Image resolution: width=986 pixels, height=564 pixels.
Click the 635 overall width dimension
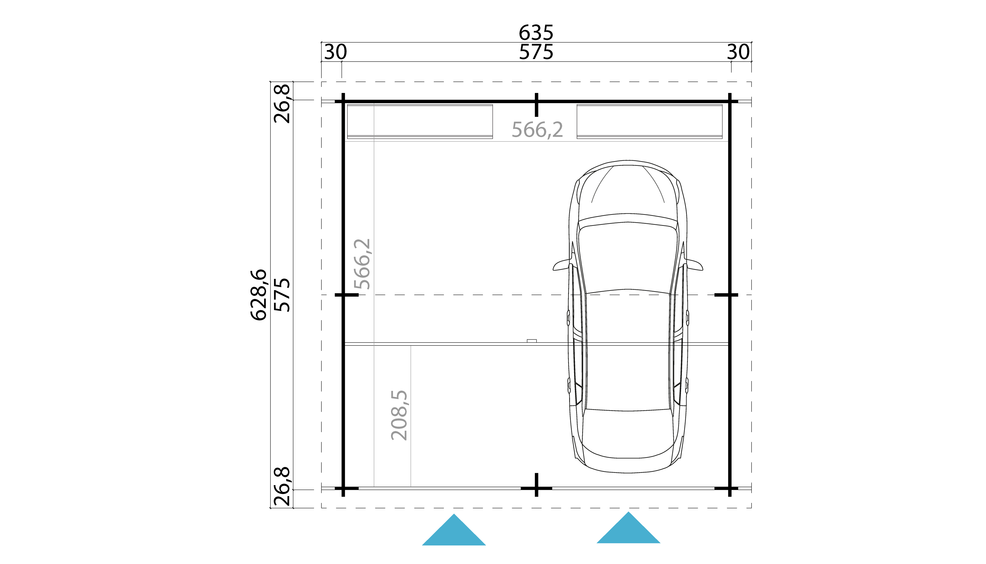click(536, 33)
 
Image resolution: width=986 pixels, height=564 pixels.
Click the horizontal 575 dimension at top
click(536, 52)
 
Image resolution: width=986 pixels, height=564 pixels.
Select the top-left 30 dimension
click(335, 52)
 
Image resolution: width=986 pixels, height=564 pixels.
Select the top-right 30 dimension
click(738, 52)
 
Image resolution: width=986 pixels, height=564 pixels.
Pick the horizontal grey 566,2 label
click(537, 130)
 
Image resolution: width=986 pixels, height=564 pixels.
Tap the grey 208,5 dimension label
click(399, 415)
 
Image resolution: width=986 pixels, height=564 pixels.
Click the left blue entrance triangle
click(454, 533)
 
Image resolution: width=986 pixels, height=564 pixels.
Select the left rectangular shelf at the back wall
click(420, 121)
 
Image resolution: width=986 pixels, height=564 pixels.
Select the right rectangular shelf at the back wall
click(649, 121)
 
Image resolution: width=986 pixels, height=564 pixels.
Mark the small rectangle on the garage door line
click(532, 341)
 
